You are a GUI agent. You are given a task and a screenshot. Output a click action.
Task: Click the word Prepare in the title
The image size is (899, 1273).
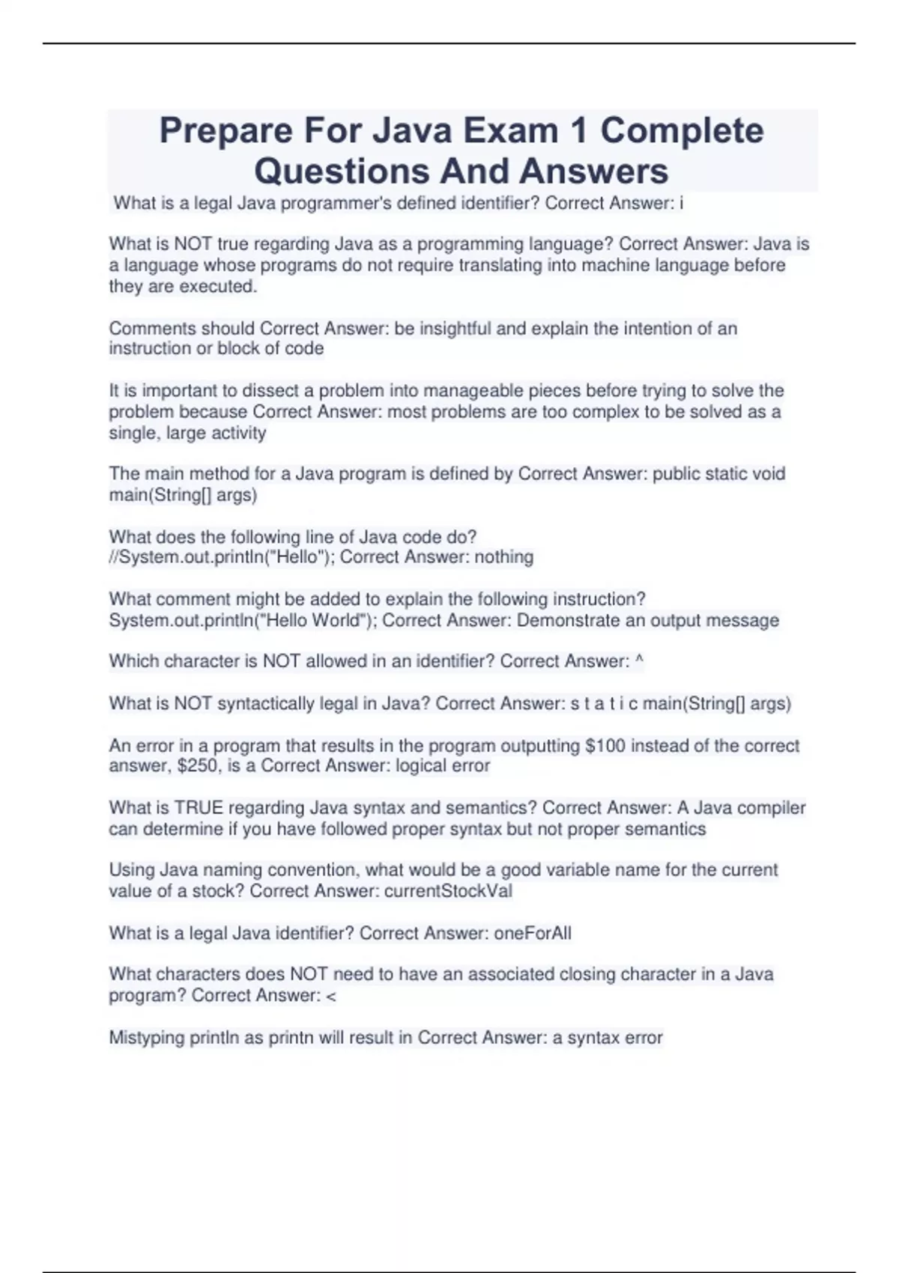225,131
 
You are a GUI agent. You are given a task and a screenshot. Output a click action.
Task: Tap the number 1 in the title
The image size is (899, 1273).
578,131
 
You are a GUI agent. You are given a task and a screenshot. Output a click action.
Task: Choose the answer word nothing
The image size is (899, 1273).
504,557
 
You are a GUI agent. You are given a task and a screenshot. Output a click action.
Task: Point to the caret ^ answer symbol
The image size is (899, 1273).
639,660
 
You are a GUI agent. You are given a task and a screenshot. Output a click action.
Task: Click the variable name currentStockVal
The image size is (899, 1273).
448,891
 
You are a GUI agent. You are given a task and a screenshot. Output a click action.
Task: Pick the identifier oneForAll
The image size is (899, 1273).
532,933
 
